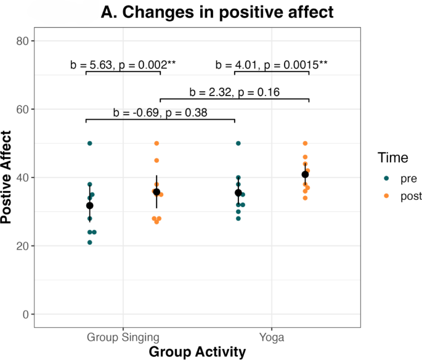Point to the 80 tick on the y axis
click(23, 41)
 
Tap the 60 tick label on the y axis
click(23, 109)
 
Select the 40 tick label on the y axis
click(23, 178)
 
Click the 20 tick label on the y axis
click(23, 246)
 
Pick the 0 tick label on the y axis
click(26, 314)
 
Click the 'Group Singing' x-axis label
click(123, 337)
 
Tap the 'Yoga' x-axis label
click(272, 337)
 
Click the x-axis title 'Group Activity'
click(197, 352)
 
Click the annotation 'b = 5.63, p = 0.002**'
click(123, 65)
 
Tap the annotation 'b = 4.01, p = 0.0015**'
click(272, 65)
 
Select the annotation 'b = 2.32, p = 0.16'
click(235, 92)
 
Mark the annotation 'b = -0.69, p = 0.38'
click(160, 112)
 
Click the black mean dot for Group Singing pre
click(90, 205)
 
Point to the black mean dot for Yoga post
click(305, 174)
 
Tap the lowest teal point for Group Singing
click(90, 242)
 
